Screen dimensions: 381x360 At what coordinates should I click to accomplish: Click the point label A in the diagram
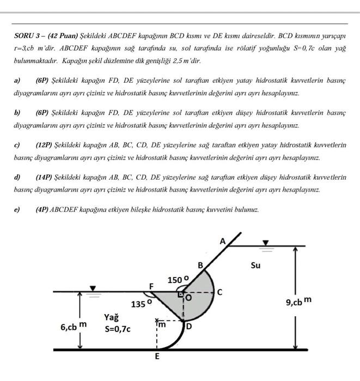coord(222,241)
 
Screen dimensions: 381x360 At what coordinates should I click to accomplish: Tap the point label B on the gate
coord(200,265)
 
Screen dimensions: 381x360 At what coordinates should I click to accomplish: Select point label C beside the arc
coord(219,292)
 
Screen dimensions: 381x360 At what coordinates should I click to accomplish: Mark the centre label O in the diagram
coord(189,298)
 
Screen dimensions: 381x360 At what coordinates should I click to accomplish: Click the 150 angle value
coord(178,280)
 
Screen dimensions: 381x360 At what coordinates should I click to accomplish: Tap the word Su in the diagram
coord(255,266)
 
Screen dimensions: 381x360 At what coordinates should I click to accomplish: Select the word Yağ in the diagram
coord(112,317)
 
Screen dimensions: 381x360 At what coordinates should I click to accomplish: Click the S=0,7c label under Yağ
coord(118,329)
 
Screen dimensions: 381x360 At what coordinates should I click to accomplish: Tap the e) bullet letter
coord(17,209)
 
